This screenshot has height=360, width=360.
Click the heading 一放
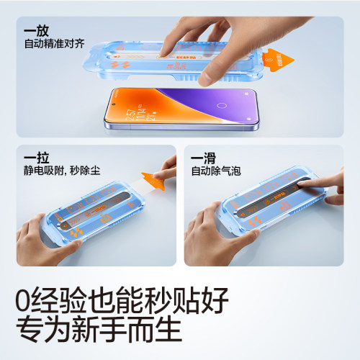(x=37, y=31)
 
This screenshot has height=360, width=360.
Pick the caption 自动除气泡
(x=214, y=173)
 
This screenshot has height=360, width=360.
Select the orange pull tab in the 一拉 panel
(x=151, y=179)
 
